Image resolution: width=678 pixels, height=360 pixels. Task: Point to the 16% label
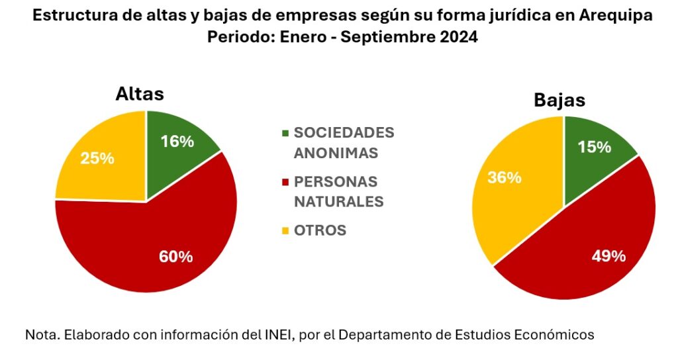[x=177, y=141]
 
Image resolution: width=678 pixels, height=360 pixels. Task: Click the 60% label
[x=176, y=257]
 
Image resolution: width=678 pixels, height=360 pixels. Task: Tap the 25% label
[x=97, y=159]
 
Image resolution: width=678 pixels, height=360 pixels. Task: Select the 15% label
[x=594, y=147]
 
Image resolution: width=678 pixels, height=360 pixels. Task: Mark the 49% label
[x=608, y=256]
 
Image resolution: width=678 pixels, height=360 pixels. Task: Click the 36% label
[x=504, y=177]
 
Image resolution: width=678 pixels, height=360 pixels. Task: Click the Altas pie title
[x=140, y=95]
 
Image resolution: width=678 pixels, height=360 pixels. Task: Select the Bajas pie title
[x=559, y=101]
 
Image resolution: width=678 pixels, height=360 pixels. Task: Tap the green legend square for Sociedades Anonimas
[x=285, y=132]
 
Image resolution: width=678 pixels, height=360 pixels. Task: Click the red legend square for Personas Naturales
[x=285, y=182]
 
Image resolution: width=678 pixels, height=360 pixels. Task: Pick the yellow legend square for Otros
[x=285, y=231]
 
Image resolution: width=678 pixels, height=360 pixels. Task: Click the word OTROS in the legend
[x=320, y=230]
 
